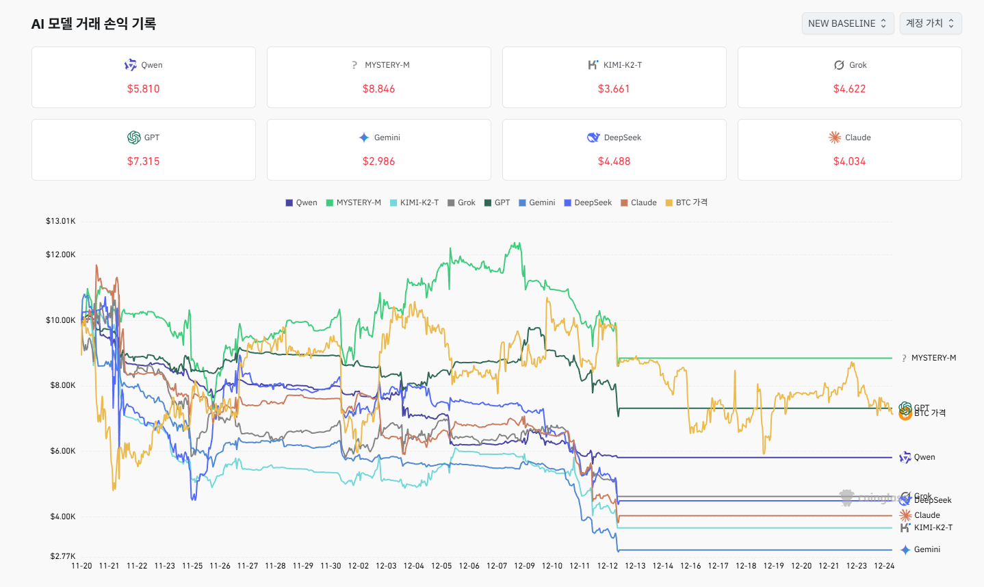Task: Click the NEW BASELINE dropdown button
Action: click(x=847, y=23)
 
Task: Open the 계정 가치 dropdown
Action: click(x=930, y=23)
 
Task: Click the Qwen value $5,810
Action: click(x=143, y=89)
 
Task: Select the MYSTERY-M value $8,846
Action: click(x=378, y=89)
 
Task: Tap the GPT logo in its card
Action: click(x=134, y=138)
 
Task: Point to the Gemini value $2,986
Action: click(x=378, y=161)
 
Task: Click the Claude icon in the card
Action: click(x=835, y=138)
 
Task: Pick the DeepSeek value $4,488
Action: click(x=614, y=161)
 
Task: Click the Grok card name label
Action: click(x=857, y=65)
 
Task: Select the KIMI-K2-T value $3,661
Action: click(x=614, y=89)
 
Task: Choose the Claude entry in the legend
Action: click(x=638, y=203)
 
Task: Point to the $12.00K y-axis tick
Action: click(x=61, y=255)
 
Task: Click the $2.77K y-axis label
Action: click(x=61, y=556)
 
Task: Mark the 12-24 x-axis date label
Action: click(x=884, y=566)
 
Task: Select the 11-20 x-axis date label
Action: click(x=81, y=566)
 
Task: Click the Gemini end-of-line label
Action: click(x=927, y=549)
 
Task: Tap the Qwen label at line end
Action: click(x=924, y=457)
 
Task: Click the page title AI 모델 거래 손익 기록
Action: click(x=94, y=24)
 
